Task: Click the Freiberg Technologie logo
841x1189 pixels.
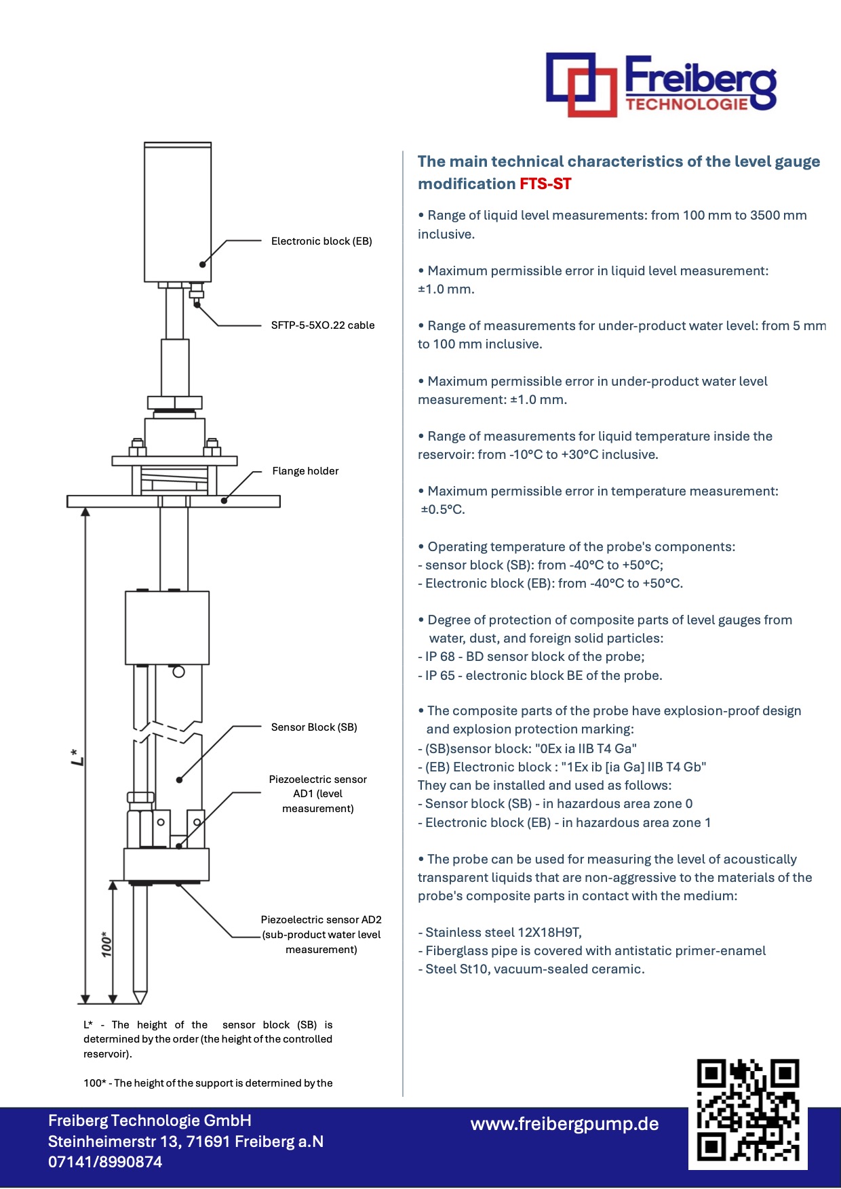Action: (661, 84)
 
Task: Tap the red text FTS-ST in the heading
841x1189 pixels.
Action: (545, 184)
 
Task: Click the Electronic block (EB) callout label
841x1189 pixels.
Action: (321, 241)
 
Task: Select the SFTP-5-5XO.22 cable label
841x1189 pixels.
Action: (323, 325)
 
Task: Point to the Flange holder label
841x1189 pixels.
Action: (305, 471)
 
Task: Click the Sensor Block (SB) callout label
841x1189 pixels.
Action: (314, 727)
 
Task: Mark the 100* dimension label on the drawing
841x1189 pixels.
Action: (106, 944)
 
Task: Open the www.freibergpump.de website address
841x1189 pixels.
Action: (564, 1124)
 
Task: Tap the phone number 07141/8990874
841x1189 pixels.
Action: (105, 1162)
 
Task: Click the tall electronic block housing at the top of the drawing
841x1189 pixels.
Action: (178, 212)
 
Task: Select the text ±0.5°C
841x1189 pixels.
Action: (443, 510)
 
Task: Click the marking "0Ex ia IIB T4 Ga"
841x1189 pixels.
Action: (586, 748)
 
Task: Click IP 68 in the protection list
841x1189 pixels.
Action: (439, 656)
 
